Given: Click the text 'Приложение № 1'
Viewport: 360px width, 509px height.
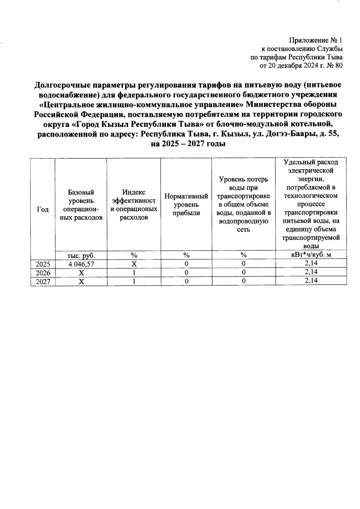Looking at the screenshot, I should (x=315, y=40).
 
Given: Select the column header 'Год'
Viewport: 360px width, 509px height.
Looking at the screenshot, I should (x=43, y=209).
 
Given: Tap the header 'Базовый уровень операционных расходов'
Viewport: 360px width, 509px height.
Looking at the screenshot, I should (x=81, y=205).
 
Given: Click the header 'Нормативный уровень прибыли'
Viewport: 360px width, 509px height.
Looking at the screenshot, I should (x=186, y=205).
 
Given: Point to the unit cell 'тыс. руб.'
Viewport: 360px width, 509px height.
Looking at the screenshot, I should (x=81, y=256).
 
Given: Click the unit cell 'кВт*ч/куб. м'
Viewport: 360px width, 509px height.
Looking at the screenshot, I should (x=311, y=255).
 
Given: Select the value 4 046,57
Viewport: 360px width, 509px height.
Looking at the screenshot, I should (x=81, y=264).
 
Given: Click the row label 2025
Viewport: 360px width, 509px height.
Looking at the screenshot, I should (x=43, y=264).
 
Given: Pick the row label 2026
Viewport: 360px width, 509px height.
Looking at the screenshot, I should (x=43, y=273).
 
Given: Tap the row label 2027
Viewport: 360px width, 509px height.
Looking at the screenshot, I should (x=43, y=282).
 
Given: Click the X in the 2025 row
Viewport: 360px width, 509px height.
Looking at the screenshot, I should (x=134, y=264).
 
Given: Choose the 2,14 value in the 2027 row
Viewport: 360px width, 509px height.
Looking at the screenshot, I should (x=311, y=280).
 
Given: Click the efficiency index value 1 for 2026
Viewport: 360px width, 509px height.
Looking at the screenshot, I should (x=134, y=273).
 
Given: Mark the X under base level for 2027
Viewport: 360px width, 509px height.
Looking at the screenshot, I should (x=81, y=282).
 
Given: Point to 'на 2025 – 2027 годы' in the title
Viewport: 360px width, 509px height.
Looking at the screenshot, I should (x=188, y=144).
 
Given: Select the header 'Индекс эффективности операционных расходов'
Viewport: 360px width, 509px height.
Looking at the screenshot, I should (x=134, y=205).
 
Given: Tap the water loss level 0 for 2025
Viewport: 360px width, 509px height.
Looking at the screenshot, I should (x=244, y=264).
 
